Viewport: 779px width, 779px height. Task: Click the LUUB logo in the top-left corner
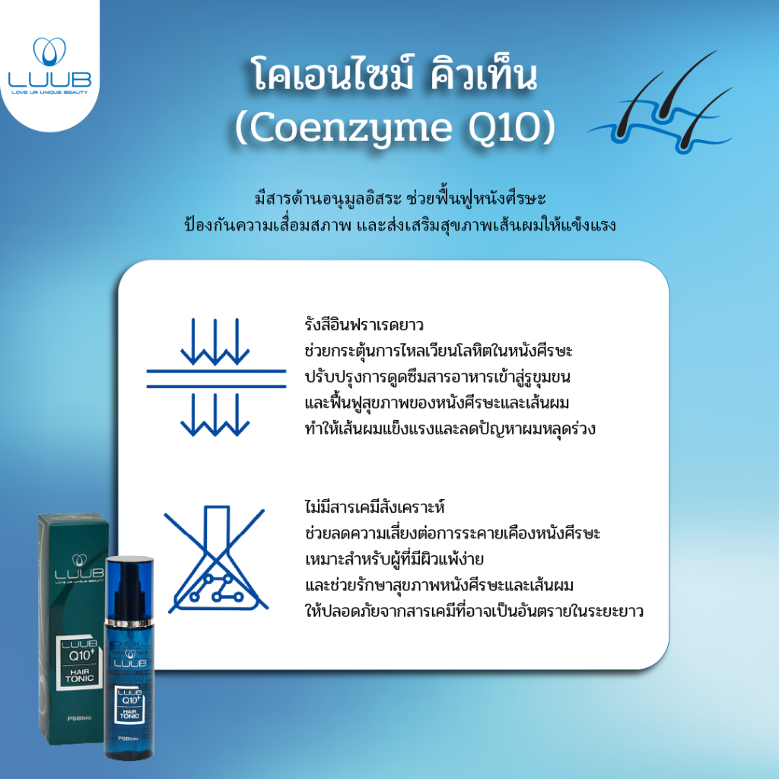pos(49,65)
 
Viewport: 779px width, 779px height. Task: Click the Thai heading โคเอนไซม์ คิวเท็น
pos(395,75)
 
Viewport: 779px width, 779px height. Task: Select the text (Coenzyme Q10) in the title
pos(395,128)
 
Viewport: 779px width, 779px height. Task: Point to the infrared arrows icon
pos(216,377)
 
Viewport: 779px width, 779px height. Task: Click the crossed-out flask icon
pos(216,560)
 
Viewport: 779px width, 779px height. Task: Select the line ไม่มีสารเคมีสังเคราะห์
pos(374,507)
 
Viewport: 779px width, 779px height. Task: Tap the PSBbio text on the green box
pos(79,718)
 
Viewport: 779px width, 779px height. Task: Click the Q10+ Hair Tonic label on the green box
pos(79,661)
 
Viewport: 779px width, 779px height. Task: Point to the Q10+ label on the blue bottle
pos(129,704)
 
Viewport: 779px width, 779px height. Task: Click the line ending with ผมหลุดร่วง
pos(450,429)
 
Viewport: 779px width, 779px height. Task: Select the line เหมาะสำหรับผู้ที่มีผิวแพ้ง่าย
pos(395,559)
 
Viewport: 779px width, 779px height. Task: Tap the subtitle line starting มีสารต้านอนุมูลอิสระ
pos(400,199)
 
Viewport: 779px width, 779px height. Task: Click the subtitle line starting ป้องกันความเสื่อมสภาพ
pos(400,225)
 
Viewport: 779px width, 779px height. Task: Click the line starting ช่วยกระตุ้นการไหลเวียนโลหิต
pos(439,351)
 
